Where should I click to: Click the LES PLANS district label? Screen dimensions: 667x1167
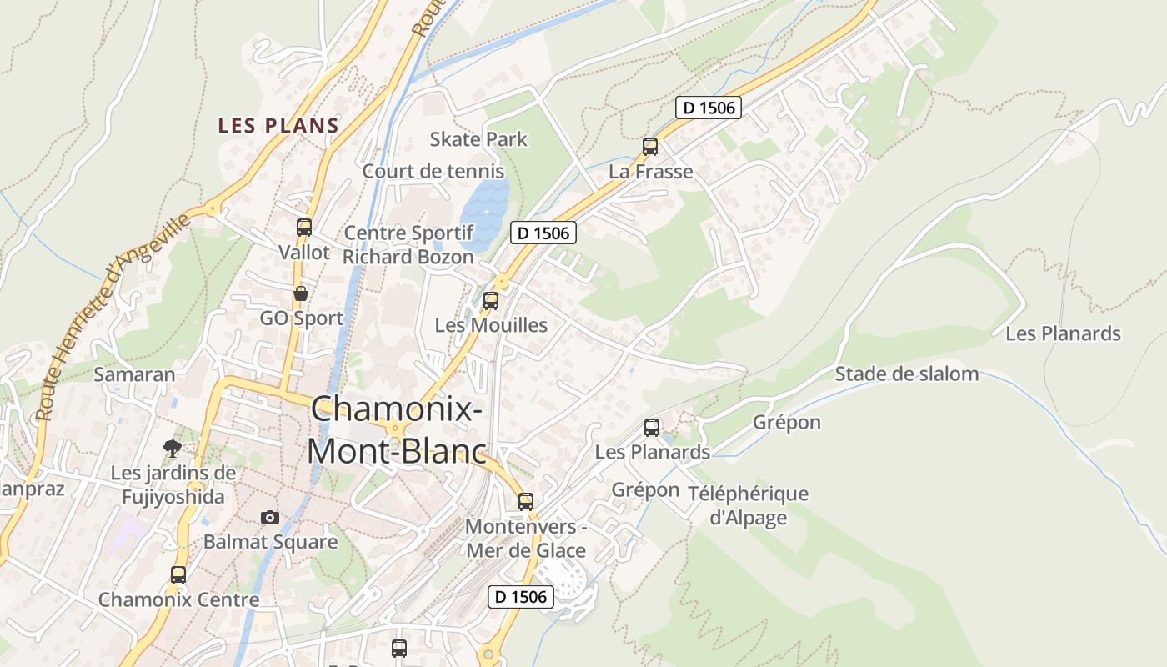278,126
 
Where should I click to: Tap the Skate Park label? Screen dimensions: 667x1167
478,138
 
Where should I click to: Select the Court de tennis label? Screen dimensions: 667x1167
433,171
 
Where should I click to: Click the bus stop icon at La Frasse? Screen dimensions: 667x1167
650,147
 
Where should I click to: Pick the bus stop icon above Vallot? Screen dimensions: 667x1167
304,227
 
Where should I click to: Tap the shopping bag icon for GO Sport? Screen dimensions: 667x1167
301,293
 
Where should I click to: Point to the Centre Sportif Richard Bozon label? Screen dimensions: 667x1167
408,244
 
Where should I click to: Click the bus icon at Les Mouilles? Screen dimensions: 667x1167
491,301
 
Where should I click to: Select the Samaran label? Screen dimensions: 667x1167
134,374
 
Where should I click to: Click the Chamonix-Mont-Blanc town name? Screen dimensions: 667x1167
397,429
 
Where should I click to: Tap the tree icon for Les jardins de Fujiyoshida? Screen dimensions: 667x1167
173,449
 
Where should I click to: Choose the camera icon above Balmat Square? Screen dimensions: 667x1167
269,517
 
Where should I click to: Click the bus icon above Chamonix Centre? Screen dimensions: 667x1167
178,574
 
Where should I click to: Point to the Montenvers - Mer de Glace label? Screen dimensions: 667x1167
526,539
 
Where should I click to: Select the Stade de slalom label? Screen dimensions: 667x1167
907,374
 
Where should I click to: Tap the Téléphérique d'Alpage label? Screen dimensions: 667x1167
748,505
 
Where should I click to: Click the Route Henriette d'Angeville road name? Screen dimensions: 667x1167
113,317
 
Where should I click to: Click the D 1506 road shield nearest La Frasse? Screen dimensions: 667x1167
708,108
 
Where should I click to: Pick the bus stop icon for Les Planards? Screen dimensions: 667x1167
652,428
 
